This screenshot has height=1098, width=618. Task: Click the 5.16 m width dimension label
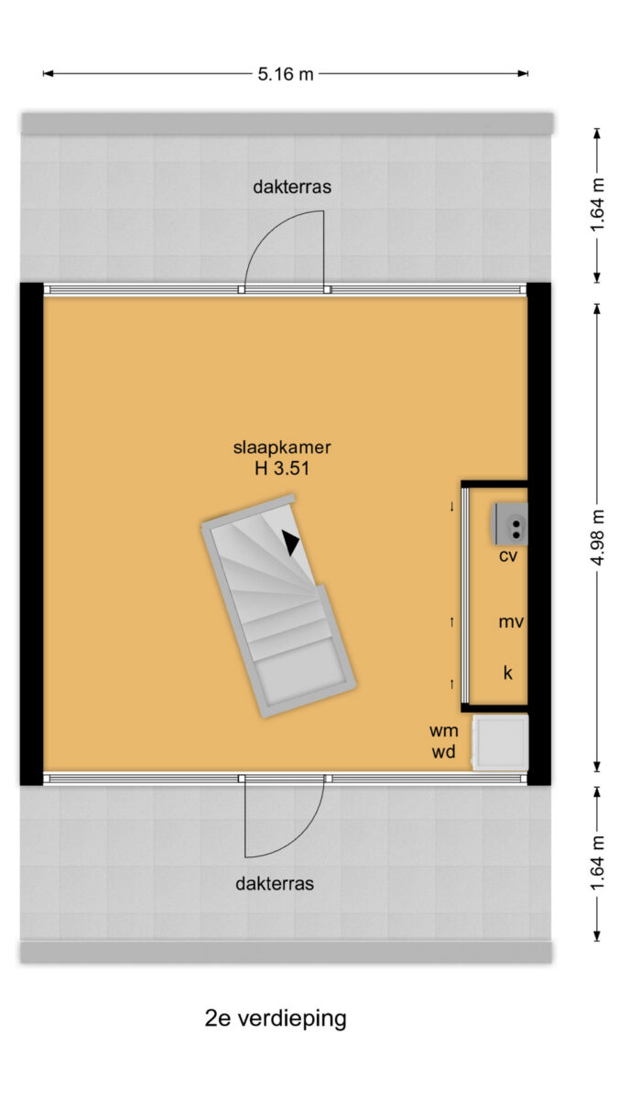[286, 74]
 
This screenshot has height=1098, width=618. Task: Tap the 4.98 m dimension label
[597, 537]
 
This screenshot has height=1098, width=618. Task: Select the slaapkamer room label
[282, 447]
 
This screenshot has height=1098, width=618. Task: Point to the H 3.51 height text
[282, 468]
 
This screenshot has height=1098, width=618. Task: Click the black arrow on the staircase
[290, 543]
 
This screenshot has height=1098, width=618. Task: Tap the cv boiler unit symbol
[510, 523]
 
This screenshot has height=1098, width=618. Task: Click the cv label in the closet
[508, 556]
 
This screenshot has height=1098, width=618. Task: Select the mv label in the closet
[511, 622]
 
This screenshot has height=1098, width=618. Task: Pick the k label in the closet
[507, 673]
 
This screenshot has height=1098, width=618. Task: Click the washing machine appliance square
[500, 743]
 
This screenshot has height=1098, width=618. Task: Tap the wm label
[444, 731]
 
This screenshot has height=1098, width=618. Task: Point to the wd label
[443, 751]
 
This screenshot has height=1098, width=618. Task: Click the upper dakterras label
[292, 187]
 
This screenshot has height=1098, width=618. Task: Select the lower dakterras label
[275, 884]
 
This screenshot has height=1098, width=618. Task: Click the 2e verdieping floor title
[276, 1018]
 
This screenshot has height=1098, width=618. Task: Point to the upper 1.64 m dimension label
[597, 205]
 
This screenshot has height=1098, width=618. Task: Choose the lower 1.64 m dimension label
[597, 864]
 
